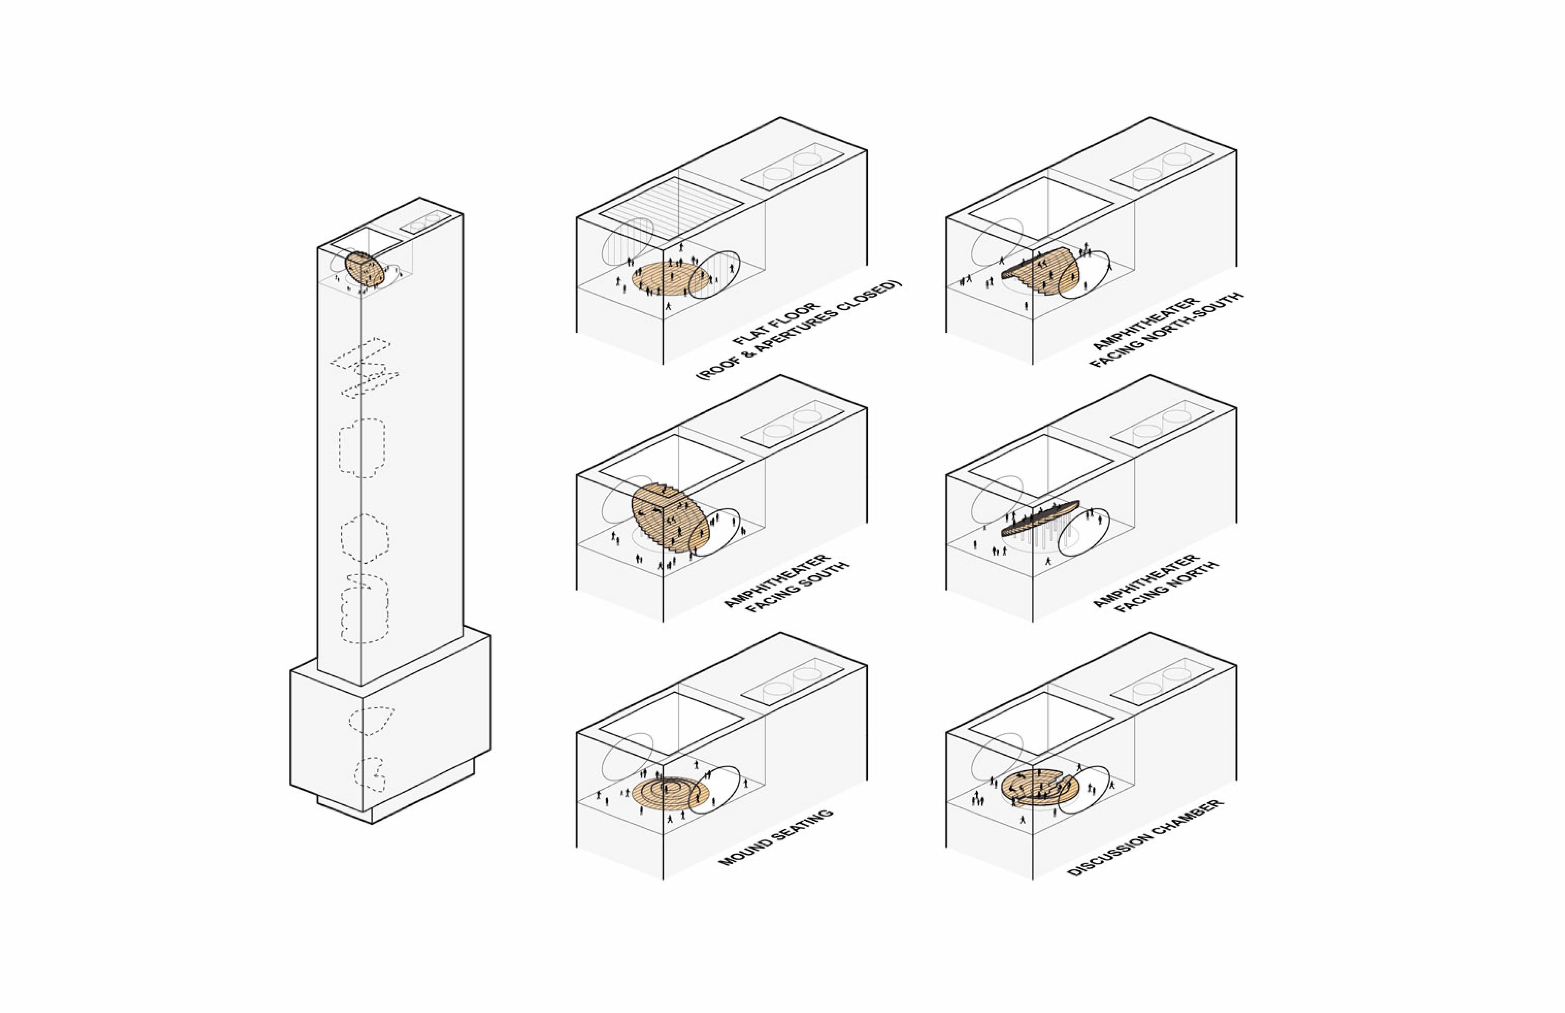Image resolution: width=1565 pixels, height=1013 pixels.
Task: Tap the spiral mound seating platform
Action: [671, 794]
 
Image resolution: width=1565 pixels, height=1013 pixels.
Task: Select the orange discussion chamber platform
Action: [1040, 787]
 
